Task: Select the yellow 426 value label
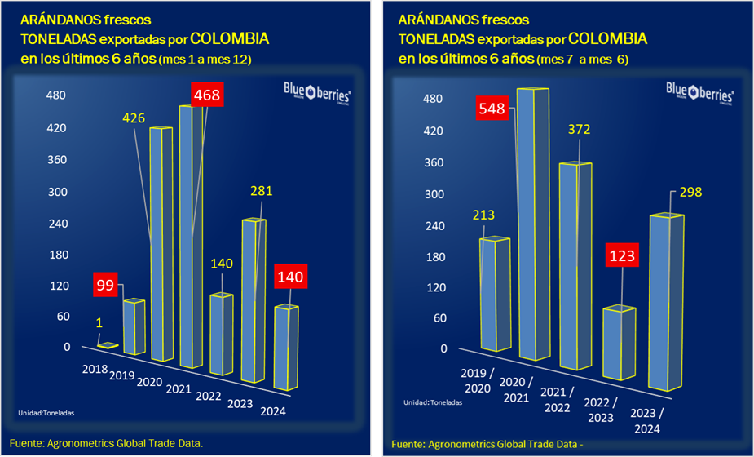pos(134,118)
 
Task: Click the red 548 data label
pos(492,109)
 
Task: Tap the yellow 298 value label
pos(686,193)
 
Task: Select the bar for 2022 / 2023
pos(620,343)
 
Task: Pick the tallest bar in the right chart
pos(535,224)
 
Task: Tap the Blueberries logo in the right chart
pos(699,89)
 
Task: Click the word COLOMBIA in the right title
pos(607,38)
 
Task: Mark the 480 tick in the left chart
pos(55,95)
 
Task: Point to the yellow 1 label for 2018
pos(99,322)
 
